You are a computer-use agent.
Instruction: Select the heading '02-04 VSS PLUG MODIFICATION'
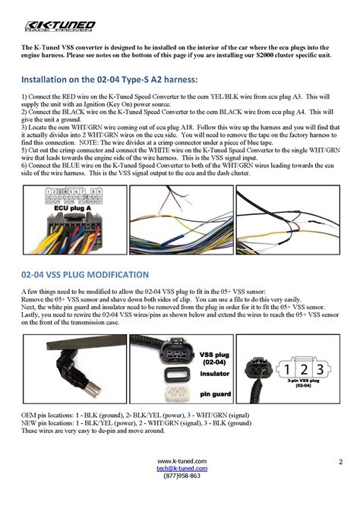tap(85, 274)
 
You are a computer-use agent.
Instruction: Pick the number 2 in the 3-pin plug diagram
tap(303, 370)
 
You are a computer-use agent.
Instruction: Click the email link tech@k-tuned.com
tap(182, 469)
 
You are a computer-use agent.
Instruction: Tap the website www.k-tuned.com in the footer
tap(182, 461)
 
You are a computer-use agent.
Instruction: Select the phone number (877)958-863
tap(182, 476)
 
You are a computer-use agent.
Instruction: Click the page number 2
tap(341, 461)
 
